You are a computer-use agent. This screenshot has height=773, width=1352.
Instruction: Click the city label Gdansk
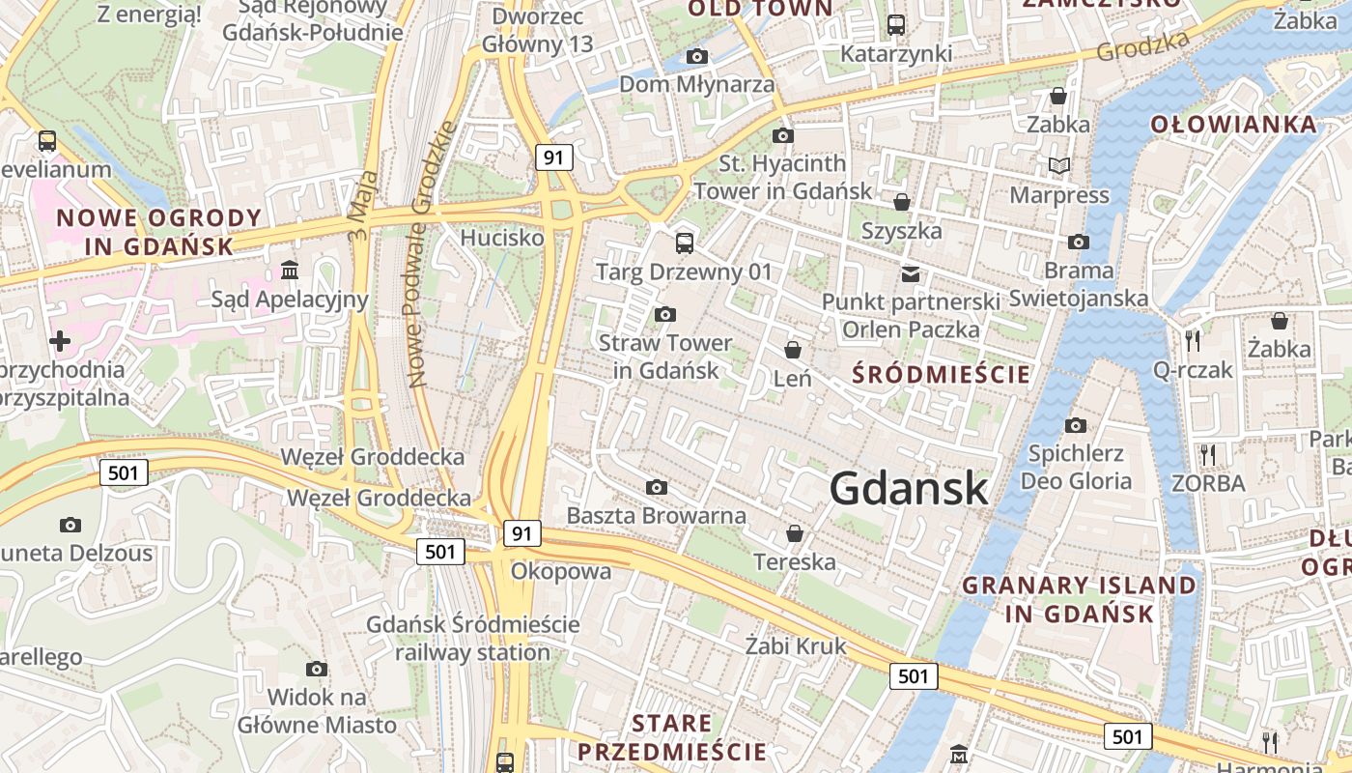[x=909, y=488]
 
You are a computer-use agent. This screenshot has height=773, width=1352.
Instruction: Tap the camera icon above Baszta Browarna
[x=657, y=487]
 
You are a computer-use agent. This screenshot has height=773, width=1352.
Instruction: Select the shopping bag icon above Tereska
[x=795, y=532]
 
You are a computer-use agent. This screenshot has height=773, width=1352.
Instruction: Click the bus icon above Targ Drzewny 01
[x=685, y=243]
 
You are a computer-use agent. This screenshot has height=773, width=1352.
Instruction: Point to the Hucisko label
[x=502, y=238]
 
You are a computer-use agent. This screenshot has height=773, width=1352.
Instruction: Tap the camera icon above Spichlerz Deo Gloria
[x=1076, y=425]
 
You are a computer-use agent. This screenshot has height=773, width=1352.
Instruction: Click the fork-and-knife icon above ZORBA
[x=1207, y=454]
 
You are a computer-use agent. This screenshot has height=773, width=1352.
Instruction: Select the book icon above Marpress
[x=1059, y=166]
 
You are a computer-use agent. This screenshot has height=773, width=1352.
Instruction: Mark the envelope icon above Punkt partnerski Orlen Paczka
[x=911, y=273]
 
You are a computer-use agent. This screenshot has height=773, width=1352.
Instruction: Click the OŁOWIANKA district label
[x=1234, y=125]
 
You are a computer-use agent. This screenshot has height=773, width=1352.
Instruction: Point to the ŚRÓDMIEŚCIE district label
[x=942, y=374]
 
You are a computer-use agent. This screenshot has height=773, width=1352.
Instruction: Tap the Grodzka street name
[x=1143, y=44]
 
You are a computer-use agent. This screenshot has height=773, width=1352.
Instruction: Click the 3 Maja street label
[x=358, y=215]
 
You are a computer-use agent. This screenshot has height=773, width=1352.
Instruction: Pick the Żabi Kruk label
[x=797, y=645]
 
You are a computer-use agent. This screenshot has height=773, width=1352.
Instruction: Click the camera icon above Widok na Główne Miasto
[x=317, y=669]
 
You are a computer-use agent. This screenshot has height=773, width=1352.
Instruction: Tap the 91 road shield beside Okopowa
[x=521, y=533]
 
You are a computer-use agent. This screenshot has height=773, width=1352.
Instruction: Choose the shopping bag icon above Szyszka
[x=902, y=202]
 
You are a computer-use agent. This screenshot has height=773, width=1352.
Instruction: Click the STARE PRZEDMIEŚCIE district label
[x=671, y=737]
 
